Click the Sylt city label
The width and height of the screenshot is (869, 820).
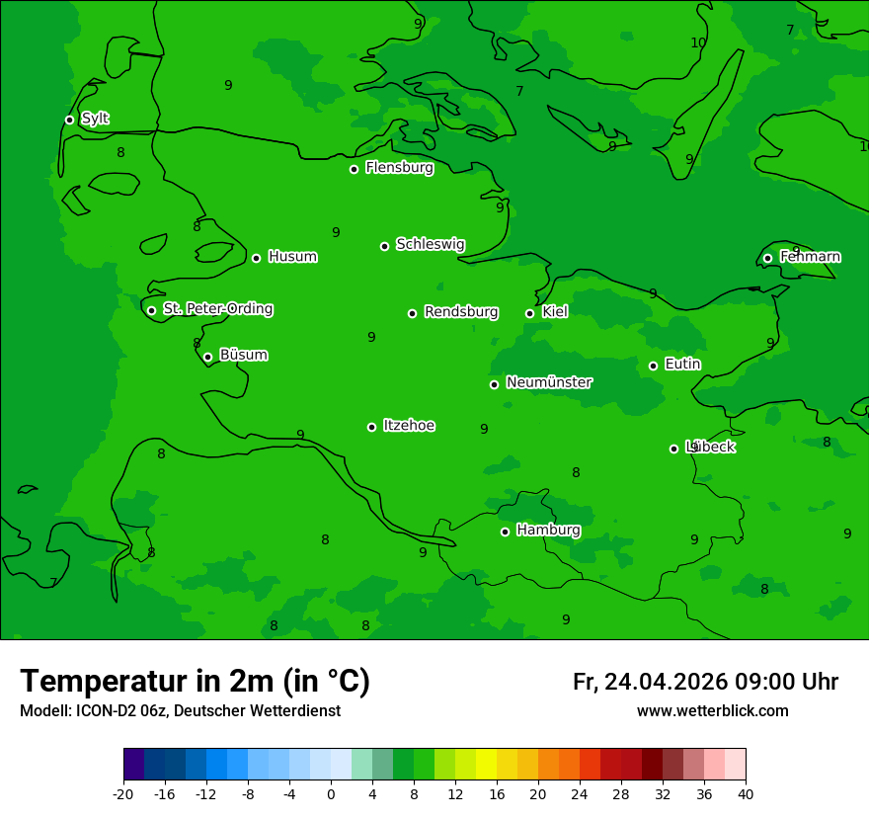tap(95, 119)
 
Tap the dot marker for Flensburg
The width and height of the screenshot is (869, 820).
tap(354, 169)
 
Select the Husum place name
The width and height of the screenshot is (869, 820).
tap(292, 257)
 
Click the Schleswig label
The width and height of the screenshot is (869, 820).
tap(430, 244)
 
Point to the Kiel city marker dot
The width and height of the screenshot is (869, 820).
tap(529, 313)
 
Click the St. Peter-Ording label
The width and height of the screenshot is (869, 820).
tap(217, 309)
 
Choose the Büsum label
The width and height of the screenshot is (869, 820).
tap(243, 355)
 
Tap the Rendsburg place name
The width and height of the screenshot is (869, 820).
tap(460, 312)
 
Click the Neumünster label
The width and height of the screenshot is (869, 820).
tap(548, 382)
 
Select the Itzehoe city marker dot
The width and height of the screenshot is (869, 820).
tap(371, 427)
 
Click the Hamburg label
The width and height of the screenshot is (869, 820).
tap(548, 531)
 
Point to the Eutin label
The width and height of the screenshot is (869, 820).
tap(682, 365)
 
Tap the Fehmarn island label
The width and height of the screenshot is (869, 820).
tap(810, 257)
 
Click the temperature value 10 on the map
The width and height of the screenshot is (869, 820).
tap(698, 42)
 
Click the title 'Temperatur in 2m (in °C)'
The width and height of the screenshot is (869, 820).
tap(195, 681)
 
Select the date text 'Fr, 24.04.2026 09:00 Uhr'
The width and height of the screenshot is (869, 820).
tap(705, 682)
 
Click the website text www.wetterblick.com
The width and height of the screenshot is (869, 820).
tap(712, 711)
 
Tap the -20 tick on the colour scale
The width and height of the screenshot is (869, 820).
tap(123, 793)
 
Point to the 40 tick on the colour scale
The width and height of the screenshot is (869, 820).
tap(745, 793)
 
